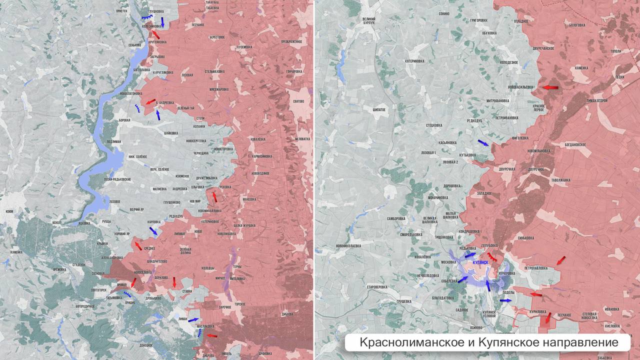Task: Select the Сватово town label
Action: point(299,102)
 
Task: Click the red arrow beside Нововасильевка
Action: point(550,87)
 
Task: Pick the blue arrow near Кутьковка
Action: point(483,143)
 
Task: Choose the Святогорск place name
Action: point(99,290)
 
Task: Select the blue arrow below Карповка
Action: point(153,230)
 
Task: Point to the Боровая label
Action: point(124,120)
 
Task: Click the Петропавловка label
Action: point(536,268)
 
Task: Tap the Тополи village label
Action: point(615,51)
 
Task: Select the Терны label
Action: point(237,266)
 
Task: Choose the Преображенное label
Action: point(291,41)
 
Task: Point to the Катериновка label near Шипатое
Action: point(414,61)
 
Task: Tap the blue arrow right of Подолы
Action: point(505,300)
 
